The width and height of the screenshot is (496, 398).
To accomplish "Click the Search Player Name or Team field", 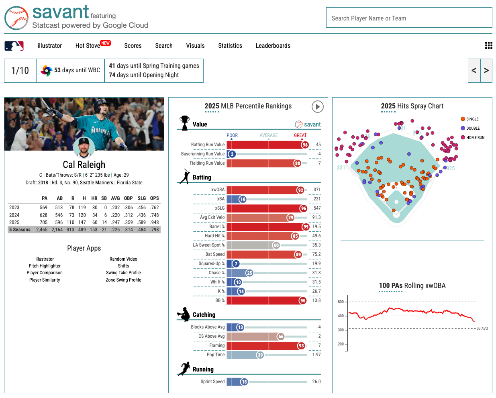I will coord(409,18).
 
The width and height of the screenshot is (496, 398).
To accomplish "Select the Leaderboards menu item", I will coord(273,46).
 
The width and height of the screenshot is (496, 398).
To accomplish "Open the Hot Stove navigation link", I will coord(88,46).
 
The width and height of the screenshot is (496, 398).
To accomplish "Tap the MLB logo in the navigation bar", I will coord(14,46).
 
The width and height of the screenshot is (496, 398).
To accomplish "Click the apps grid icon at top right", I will coord(488,46).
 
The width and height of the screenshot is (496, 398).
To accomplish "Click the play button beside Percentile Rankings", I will coord(317,106).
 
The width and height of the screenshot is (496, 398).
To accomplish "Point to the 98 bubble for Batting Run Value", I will coord(305,145).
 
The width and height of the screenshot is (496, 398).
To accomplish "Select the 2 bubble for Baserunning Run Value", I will coord(232,154).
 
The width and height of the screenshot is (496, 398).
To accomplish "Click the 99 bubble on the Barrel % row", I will coord(306,227).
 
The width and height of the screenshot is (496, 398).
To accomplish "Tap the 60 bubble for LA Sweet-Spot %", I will coord(276,245).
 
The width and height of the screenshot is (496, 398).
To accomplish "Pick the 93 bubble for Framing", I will coord(301,346).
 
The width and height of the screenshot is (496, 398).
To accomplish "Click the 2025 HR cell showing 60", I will coord(95,222).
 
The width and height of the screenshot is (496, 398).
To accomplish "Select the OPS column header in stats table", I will coord(154,198).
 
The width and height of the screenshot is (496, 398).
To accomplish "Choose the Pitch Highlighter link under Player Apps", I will coord(45,266).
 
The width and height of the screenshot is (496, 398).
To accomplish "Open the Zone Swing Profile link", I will coord(123,280).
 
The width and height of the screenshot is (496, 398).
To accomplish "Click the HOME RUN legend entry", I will coord(475,138).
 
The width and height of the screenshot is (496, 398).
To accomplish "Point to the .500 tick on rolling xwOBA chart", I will coord(341,302).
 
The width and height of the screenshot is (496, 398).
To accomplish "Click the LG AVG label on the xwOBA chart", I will coord(482,329).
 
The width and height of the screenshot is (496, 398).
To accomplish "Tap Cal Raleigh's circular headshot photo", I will coord(84,148).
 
